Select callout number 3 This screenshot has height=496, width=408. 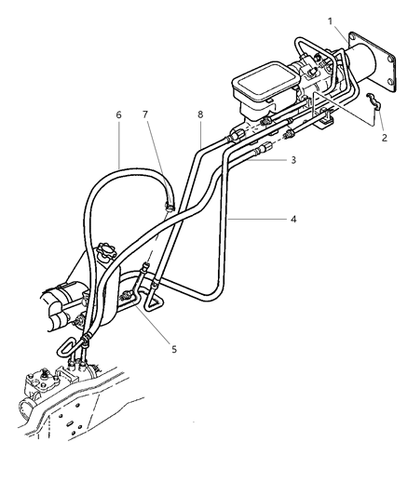pos(293,160)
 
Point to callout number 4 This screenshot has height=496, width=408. pos(293,220)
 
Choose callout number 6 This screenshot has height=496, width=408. pos(119,114)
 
